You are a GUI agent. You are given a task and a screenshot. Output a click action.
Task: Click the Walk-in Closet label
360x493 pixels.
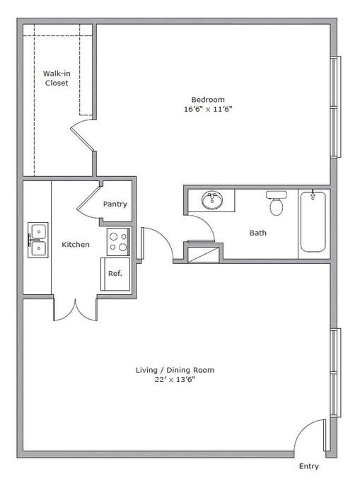[56, 78]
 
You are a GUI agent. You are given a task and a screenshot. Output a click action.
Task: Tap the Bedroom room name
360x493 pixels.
[207, 99]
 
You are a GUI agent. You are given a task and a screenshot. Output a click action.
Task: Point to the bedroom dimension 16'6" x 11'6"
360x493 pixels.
[207, 110]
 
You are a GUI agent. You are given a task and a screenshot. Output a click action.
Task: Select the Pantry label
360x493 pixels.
[115, 204]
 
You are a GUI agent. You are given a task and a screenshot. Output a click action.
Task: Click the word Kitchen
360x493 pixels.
[76, 245]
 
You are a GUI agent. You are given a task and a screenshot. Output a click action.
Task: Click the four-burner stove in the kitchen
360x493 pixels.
[118, 242]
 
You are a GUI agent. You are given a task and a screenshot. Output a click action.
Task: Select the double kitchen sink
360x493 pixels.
[37, 240]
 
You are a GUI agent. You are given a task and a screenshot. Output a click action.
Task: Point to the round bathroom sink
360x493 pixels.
[212, 201]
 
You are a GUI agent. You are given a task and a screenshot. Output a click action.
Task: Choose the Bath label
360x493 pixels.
[258, 233]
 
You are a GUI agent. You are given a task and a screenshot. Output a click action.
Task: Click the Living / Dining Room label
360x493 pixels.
[175, 370]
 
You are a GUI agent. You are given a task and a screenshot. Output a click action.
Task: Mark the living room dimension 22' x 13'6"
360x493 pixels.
[175, 381]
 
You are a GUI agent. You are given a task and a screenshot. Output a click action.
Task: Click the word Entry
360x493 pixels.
[308, 466]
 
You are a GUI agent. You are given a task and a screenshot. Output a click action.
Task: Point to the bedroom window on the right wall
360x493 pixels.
[335, 106]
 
